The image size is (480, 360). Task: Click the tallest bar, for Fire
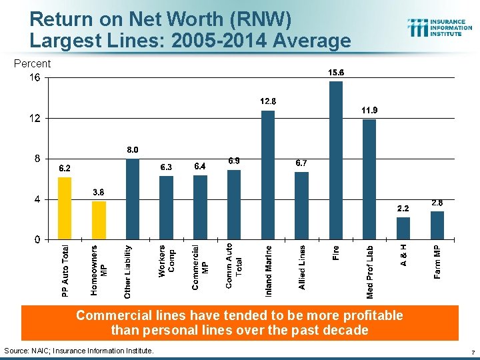[x=336, y=160]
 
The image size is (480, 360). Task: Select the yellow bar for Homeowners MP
[x=99, y=220]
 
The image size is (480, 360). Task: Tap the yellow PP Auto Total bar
[x=65, y=208]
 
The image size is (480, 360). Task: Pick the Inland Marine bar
[x=268, y=175]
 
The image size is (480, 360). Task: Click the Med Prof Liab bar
[x=369, y=179]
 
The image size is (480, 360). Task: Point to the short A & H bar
[x=403, y=228]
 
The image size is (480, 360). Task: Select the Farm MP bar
[x=437, y=225]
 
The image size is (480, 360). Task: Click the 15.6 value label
[x=336, y=72]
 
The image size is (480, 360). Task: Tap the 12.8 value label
[x=268, y=101]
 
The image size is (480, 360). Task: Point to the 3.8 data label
[x=98, y=192]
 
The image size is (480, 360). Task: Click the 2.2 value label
[x=403, y=208]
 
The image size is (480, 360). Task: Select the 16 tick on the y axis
[x=34, y=78]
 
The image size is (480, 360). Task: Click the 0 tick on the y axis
[x=37, y=239]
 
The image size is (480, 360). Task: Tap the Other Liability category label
[x=128, y=271]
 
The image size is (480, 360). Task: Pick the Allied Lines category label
[x=302, y=267]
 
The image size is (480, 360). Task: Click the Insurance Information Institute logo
[x=440, y=27]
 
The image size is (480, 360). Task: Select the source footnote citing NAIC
[x=79, y=351]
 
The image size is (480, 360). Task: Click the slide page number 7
[x=472, y=351]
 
